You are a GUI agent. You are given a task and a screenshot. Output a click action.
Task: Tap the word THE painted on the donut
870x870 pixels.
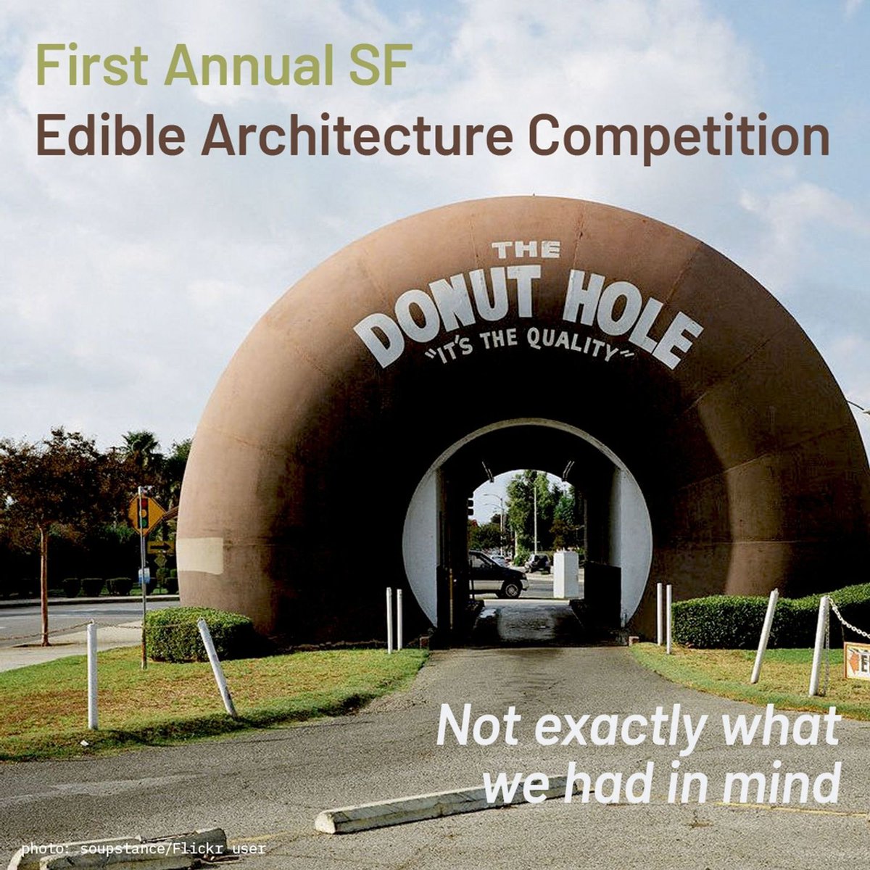(526, 250)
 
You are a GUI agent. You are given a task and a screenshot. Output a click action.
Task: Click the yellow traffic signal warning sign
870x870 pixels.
(144, 513)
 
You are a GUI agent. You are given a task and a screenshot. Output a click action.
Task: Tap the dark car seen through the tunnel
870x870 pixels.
(496, 574)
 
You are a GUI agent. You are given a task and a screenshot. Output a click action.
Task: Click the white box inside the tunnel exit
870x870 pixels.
(566, 574)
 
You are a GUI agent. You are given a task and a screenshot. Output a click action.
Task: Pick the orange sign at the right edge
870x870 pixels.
(858, 660)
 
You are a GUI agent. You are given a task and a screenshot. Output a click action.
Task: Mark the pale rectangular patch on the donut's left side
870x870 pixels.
(200, 555)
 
